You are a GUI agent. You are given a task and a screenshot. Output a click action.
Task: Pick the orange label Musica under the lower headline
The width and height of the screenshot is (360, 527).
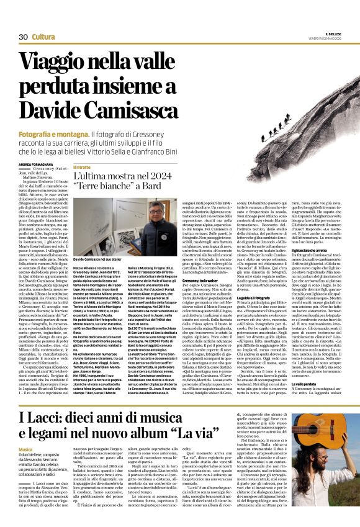pyautogui.click(x=25, y=448)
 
